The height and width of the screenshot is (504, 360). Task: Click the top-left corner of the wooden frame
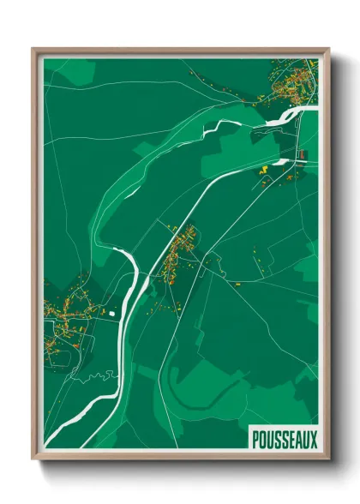pos(33,49)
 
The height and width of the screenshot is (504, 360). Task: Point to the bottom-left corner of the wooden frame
pos(33,459)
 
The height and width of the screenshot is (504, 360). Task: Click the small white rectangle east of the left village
pos(112,312)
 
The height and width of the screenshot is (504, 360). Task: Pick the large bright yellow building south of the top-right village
pos(265,171)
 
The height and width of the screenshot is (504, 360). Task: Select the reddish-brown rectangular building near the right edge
pos(302,155)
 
